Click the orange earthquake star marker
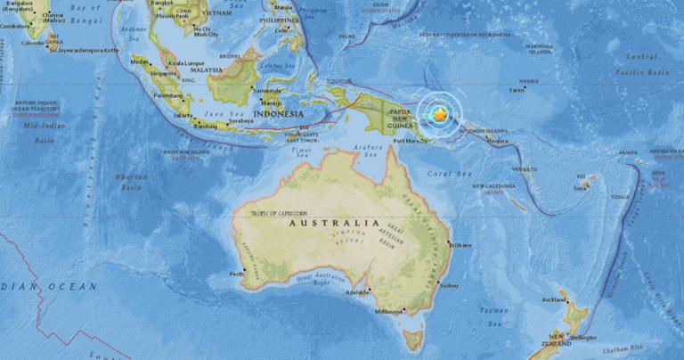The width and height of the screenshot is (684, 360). coord(439,115)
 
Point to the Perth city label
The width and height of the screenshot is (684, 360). coord(237,273)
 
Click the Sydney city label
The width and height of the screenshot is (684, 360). coord(450,286)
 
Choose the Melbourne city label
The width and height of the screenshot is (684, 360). coord(388,312)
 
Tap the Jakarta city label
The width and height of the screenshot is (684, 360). coord(183,115)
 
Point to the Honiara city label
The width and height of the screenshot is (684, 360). coord(499,142)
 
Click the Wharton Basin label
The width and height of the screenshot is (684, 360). coord(132,183)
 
